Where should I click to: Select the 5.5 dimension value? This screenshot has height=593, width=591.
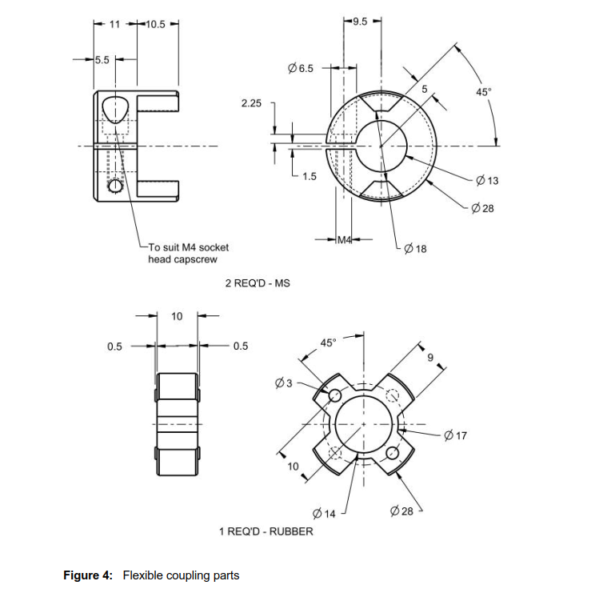(103, 60)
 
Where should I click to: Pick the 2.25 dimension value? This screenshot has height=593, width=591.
(251, 104)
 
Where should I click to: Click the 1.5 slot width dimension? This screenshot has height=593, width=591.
(309, 176)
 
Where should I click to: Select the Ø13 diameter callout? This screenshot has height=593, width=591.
(486, 181)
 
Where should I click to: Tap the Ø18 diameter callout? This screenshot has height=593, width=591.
(416, 249)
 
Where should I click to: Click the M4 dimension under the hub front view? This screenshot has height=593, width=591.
(345, 240)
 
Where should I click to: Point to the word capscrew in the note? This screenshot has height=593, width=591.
(194, 259)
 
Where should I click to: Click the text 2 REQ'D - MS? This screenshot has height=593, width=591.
(258, 283)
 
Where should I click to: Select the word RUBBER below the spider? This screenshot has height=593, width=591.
(290, 531)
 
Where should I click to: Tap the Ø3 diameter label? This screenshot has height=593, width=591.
(283, 383)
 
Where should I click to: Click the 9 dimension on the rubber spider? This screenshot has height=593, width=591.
(430, 357)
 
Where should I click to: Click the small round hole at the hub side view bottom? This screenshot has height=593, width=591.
(115, 186)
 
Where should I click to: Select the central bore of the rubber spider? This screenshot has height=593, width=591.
(363, 423)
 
